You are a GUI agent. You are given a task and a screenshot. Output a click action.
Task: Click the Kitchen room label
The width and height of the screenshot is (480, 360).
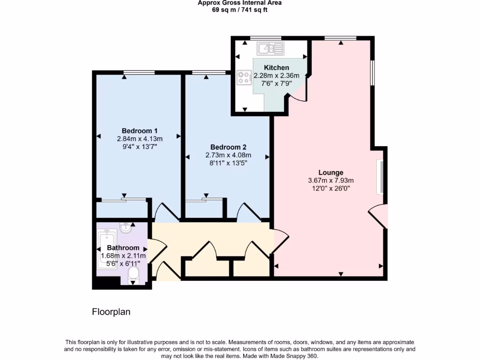276,67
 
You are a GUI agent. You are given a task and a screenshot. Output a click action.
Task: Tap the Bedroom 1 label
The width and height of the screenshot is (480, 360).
139,131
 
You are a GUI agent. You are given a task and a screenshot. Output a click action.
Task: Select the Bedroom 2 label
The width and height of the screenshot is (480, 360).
228,147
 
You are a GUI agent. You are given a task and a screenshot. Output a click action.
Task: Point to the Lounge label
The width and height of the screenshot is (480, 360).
330,172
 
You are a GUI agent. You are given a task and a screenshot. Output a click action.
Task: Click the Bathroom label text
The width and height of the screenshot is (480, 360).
123,248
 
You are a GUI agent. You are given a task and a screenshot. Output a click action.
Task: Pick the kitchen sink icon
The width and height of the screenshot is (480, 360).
270,48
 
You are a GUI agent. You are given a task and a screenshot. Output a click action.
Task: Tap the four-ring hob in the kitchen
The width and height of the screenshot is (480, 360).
244,77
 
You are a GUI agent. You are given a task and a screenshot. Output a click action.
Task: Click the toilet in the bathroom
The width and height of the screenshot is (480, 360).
134,275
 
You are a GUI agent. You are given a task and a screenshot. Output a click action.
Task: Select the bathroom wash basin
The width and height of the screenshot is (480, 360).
126,228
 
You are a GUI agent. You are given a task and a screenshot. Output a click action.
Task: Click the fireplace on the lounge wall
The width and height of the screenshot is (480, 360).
381,177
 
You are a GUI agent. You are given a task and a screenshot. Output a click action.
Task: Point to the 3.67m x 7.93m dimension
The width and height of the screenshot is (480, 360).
330,180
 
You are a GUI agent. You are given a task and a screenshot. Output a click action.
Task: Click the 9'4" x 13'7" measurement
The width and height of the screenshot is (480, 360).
139,147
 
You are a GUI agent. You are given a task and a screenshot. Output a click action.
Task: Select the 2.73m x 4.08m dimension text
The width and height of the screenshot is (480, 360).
228,155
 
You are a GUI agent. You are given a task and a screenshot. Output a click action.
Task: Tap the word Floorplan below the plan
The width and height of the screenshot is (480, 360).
111,311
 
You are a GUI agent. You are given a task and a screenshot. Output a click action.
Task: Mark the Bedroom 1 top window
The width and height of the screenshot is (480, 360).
139,72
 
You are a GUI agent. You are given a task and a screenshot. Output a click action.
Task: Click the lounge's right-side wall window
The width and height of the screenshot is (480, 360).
373,72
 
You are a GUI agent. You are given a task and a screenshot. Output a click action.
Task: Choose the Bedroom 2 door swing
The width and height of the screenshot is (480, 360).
248,212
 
